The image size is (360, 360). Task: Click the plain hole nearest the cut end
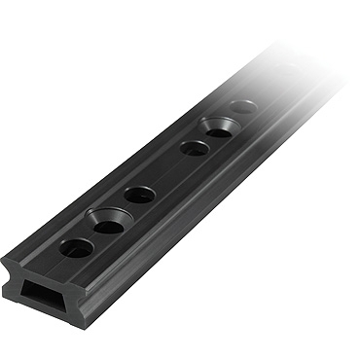76,249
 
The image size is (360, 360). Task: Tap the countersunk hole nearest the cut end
108,226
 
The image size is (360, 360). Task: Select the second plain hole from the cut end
139,194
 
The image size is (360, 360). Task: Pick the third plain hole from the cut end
194,149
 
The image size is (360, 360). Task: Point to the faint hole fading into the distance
244,106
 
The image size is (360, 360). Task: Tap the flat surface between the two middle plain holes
166,172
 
